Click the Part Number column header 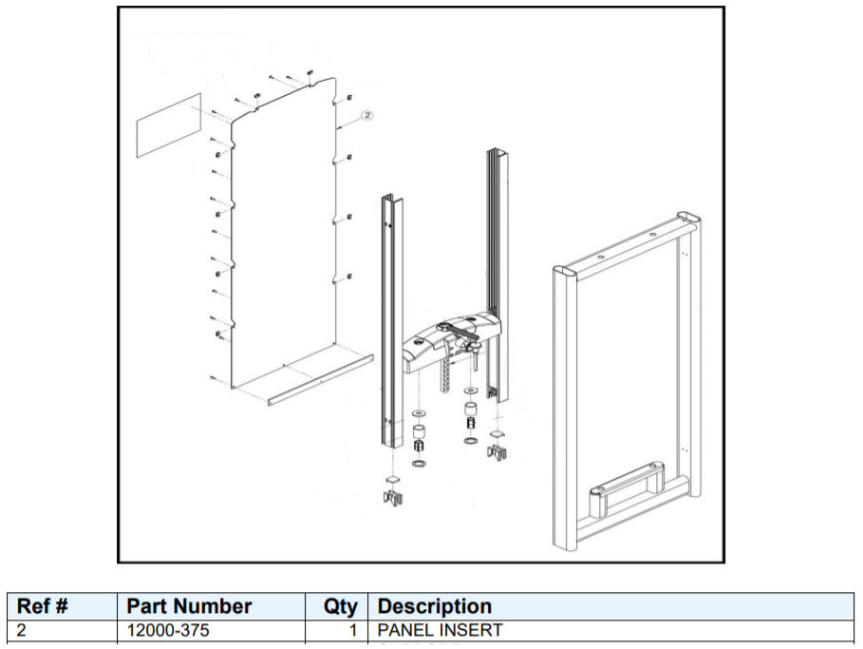pos(189,606)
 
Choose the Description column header pos(435,606)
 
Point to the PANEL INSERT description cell pos(440,630)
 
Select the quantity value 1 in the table pos(351,630)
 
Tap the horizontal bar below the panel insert pos(320,379)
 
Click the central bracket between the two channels pos(452,339)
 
